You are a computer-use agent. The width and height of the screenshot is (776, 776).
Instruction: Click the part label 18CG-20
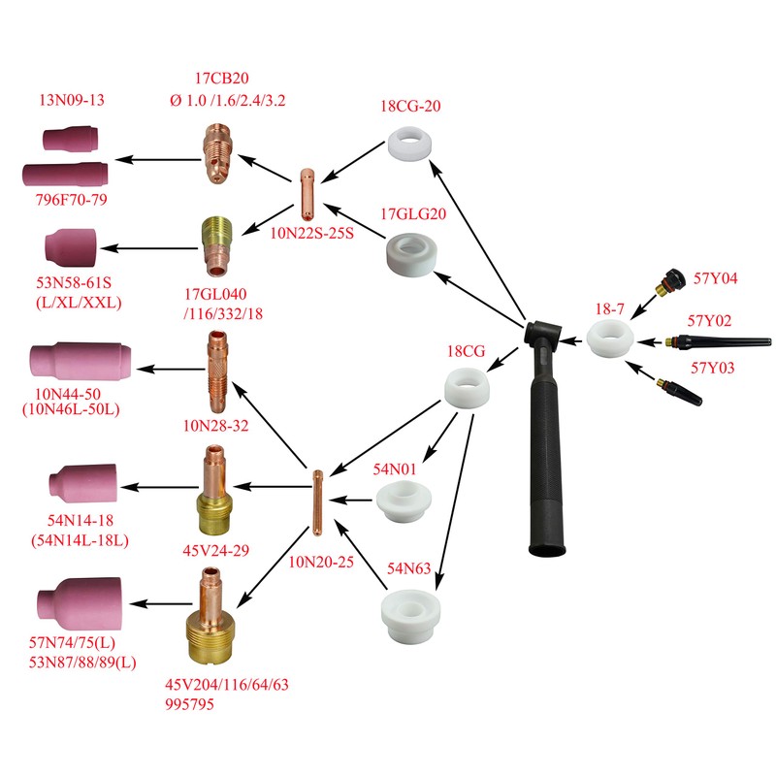coord(411,107)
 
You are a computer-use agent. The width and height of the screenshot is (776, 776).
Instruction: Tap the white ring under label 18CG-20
coord(410,145)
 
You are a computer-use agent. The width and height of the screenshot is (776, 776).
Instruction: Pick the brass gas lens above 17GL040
coord(216,243)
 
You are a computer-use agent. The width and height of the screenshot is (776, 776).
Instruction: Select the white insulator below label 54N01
coord(402,503)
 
